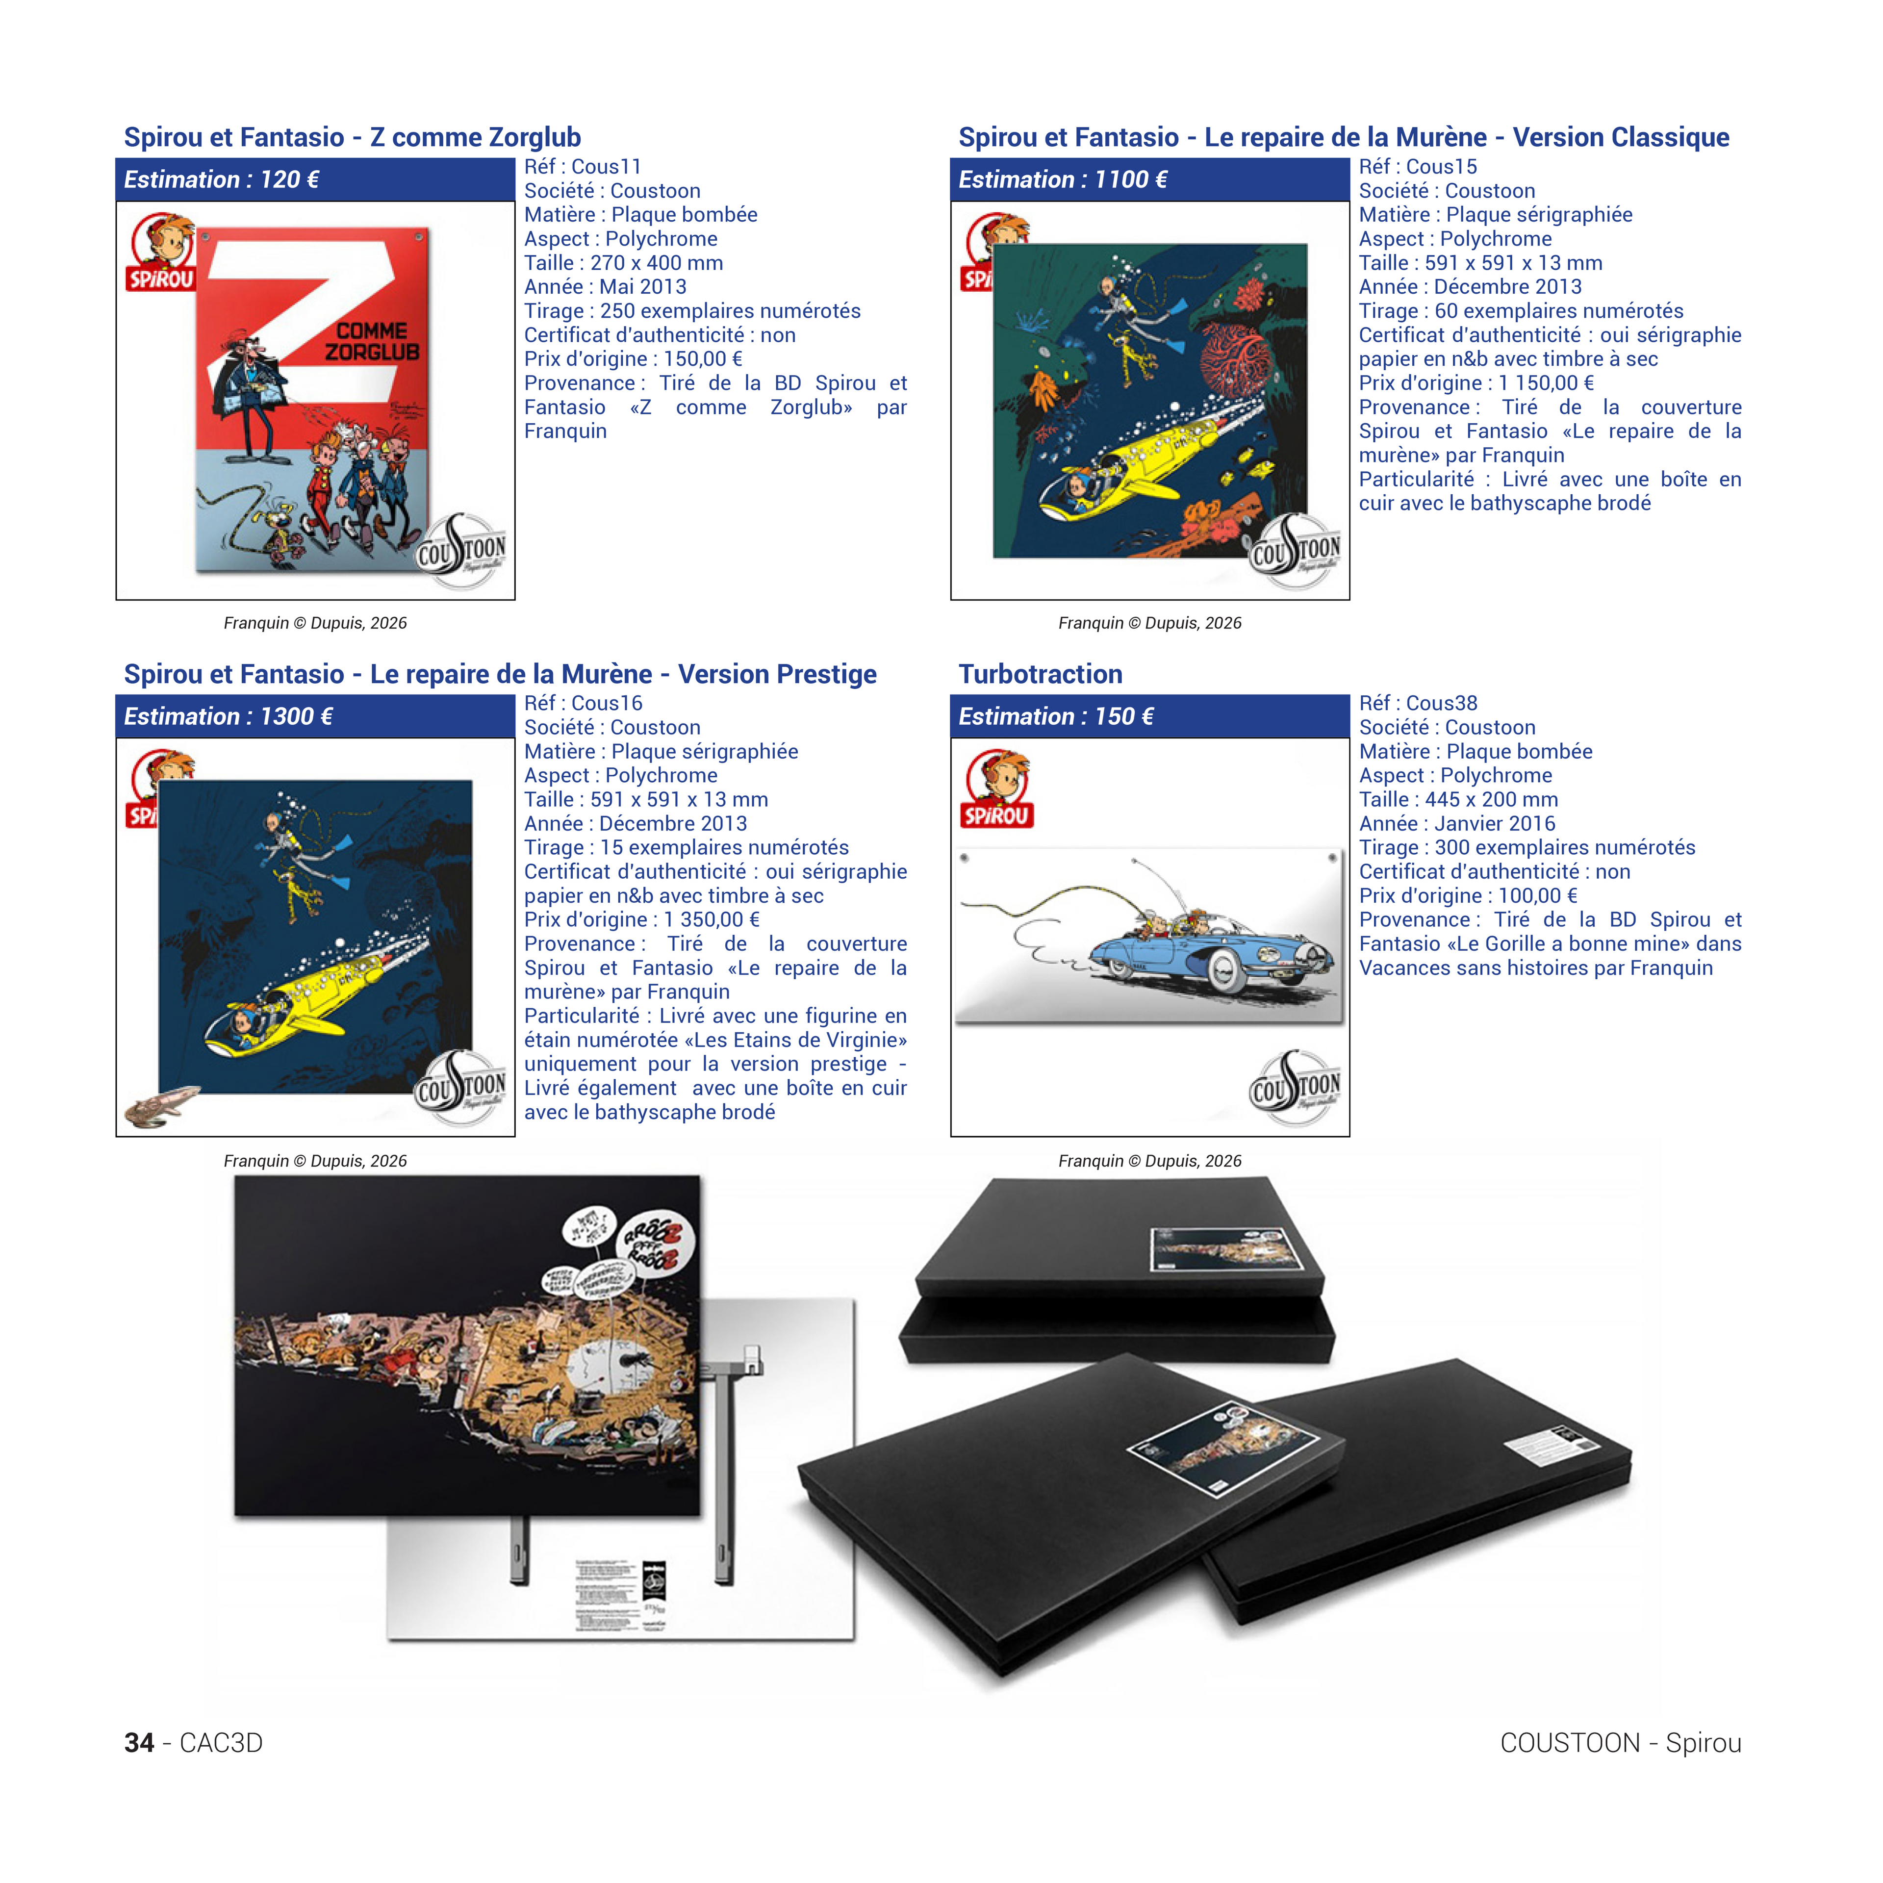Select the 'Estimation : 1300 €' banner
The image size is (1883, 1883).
click(228, 716)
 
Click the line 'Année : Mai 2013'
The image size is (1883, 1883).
click(605, 286)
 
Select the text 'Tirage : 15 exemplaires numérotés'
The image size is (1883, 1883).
click(686, 847)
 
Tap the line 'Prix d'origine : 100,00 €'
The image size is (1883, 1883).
click(1468, 896)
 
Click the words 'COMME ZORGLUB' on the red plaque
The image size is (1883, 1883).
click(371, 341)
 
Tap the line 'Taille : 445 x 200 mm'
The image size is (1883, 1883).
click(1458, 799)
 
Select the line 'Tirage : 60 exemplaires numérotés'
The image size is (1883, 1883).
click(1521, 311)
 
